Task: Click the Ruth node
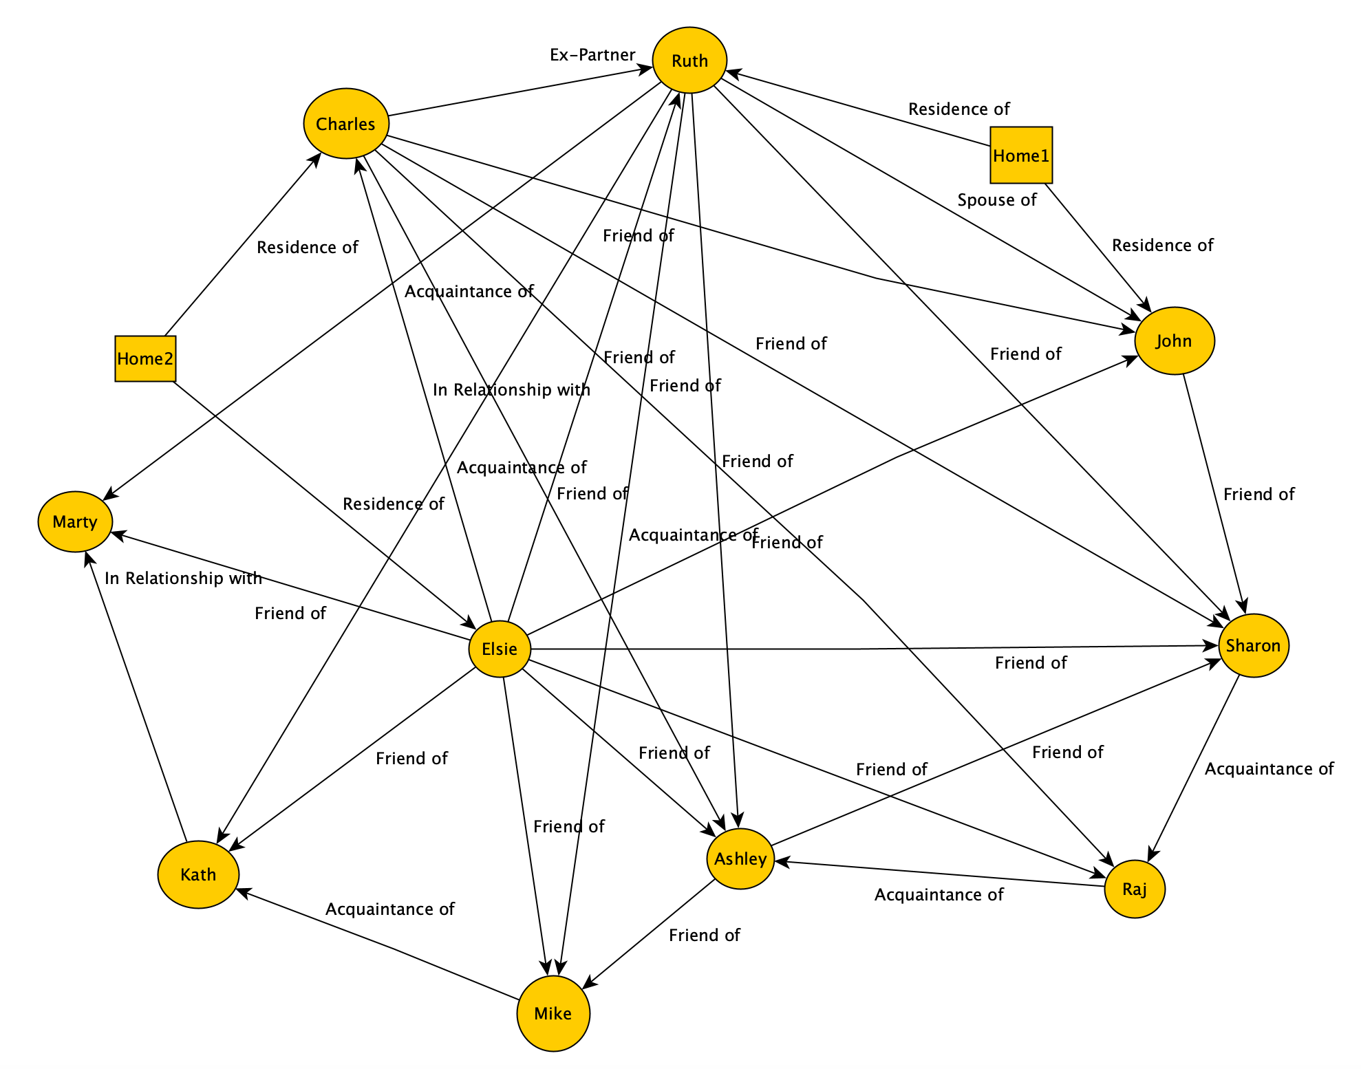click(x=689, y=61)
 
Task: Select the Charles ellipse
click(x=346, y=124)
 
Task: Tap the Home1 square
click(x=1021, y=155)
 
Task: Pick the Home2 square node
click(x=145, y=358)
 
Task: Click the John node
click(x=1174, y=341)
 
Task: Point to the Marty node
click(x=75, y=521)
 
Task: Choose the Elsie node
click(x=500, y=649)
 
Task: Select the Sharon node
click(x=1253, y=645)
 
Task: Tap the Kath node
click(x=198, y=874)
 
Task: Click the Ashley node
click(x=740, y=859)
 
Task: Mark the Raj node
click(x=1134, y=889)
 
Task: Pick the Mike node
click(x=553, y=1013)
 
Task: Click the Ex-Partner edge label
click(x=592, y=55)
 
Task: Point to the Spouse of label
click(x=997, y=200)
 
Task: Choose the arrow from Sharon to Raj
click(x=1194, y=767)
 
